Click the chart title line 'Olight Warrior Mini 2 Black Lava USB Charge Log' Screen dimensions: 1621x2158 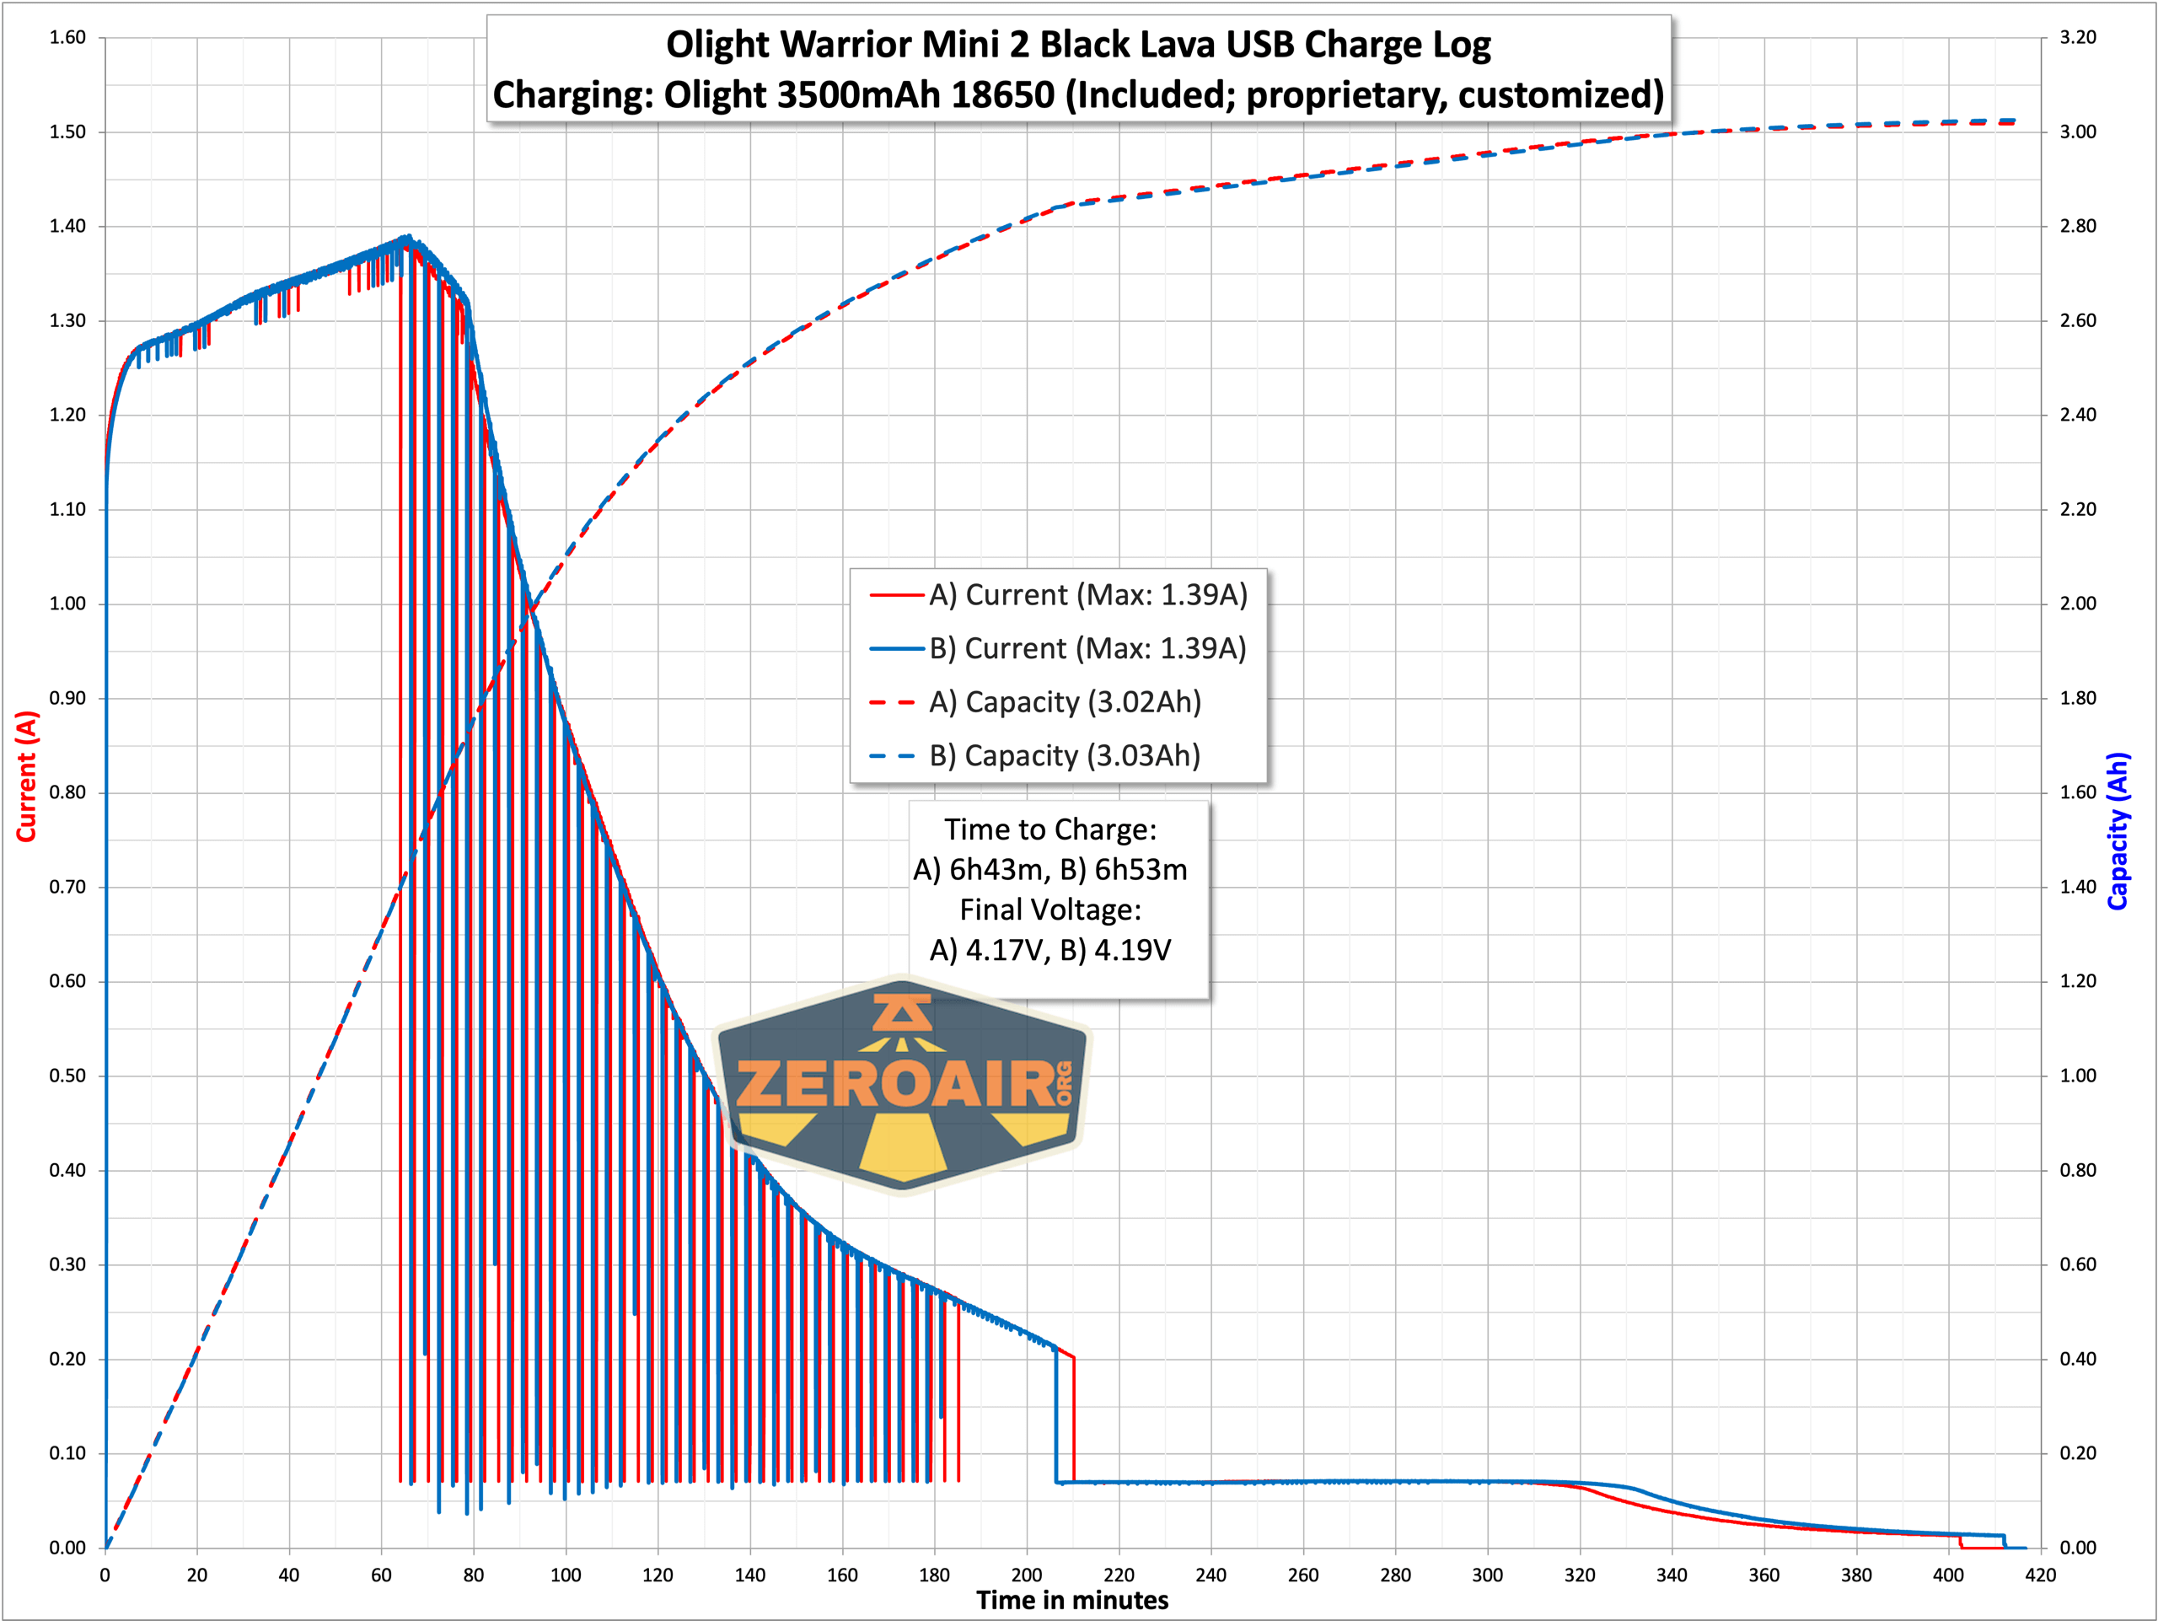[1078, 45]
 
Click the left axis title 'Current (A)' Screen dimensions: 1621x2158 [26, 776]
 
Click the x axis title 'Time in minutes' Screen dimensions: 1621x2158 [1072, 1601]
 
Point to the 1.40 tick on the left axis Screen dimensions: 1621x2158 [67, 226]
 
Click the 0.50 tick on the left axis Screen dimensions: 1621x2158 [67, 1076]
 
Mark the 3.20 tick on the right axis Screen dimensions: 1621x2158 [2078, 37]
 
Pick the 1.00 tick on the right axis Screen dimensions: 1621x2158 [2078, 1076]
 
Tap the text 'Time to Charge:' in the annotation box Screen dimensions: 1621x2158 [1049, 830]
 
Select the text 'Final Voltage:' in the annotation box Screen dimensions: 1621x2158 [1049, 910]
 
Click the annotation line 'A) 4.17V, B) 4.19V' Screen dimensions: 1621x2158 [1049, 950]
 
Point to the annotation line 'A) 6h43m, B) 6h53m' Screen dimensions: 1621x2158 [1049, 870]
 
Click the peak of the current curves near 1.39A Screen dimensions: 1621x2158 [408, 237]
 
